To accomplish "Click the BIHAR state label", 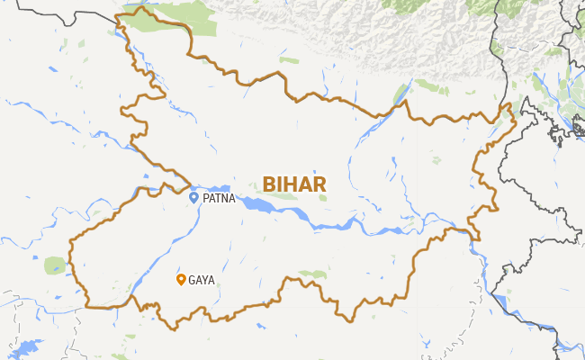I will (293, 184).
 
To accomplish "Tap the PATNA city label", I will (219, 198).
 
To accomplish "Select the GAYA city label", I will (202, 280).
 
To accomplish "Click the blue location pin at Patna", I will (193, 197).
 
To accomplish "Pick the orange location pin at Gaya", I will (181, 279).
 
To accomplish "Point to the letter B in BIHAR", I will (269, 184).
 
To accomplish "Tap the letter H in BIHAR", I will (291, 184).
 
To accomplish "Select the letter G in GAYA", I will (192, 280).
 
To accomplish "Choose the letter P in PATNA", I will (205, 198).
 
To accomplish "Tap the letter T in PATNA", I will (218, 198).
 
